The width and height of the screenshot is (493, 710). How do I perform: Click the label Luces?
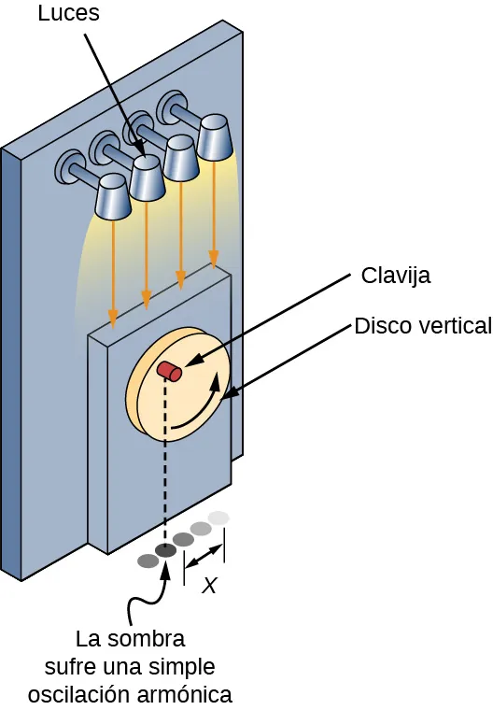[67, 14]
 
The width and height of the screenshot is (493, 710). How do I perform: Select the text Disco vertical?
[422, 326]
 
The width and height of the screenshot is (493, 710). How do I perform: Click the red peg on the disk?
[168, 371]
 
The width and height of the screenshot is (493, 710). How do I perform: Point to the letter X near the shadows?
[210, 587]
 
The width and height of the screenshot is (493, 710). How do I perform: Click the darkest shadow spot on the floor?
[165, 551]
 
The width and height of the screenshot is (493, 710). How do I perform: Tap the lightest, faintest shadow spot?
[218, 518]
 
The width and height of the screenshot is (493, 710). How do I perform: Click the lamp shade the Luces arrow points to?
[148, 177]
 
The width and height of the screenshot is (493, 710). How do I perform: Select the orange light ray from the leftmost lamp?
[113, 271]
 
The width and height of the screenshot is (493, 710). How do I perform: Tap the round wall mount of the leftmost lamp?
[71, 168]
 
